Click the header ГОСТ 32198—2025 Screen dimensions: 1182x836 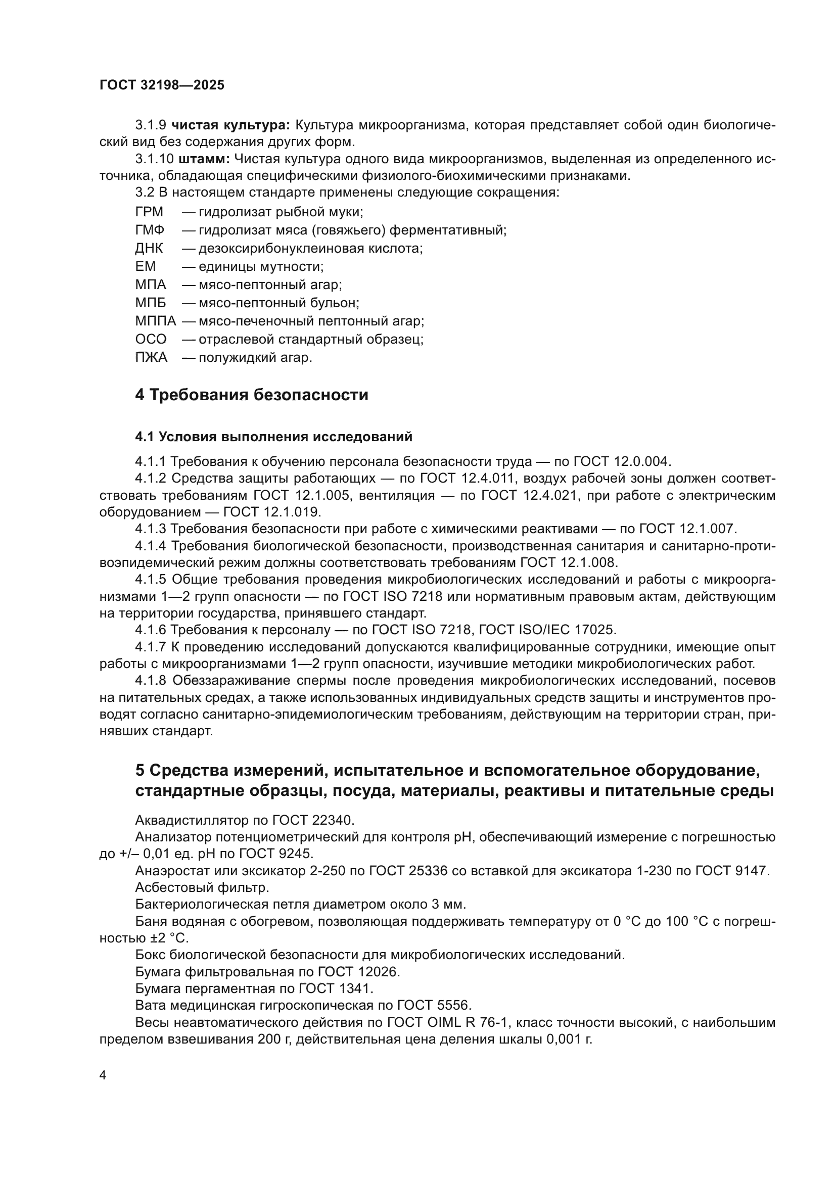coord(162,85)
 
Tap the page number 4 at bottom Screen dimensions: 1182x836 coord(103,1075)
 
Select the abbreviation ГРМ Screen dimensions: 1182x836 coord(149,212)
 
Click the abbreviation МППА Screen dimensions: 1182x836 coord(156,321)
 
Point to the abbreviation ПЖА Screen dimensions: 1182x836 coord(151,357)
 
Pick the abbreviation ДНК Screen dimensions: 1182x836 coord(149,249)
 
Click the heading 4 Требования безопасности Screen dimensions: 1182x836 coord(251,395)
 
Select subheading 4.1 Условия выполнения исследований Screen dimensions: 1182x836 coord(273,437)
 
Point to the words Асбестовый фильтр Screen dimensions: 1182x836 coord(202,887)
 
